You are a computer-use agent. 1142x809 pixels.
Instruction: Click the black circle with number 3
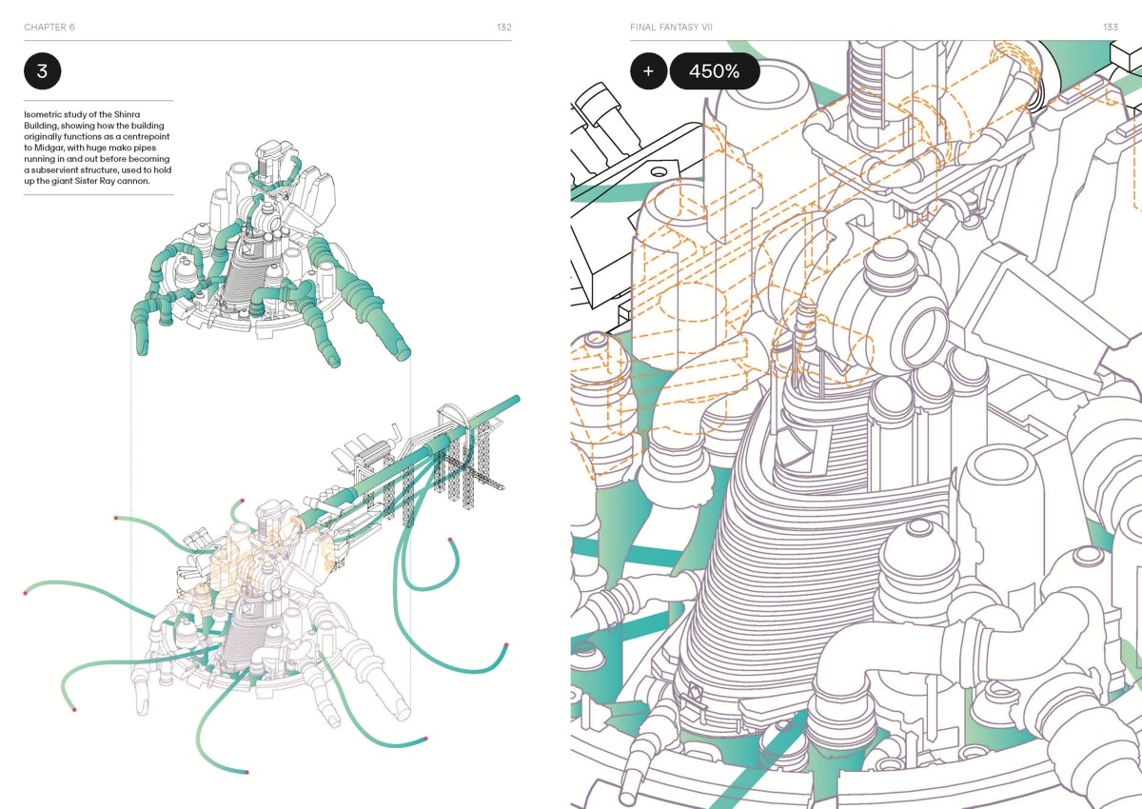[x=42, y=70]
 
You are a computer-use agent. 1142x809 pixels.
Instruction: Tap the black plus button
[x=648, y=70]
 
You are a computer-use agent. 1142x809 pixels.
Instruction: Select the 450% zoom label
[x=715, y=70]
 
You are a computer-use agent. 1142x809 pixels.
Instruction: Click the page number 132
[x=504, y=27]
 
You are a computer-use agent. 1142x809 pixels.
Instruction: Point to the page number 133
[x=1111, y=27]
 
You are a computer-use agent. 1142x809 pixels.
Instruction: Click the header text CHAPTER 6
[x=49, y=27]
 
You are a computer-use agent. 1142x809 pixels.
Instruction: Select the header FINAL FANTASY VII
[x=672, y=27]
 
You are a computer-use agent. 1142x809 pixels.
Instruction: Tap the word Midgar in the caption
[x=49, y=148]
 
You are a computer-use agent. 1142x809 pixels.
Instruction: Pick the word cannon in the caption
[x=134, y=181]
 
